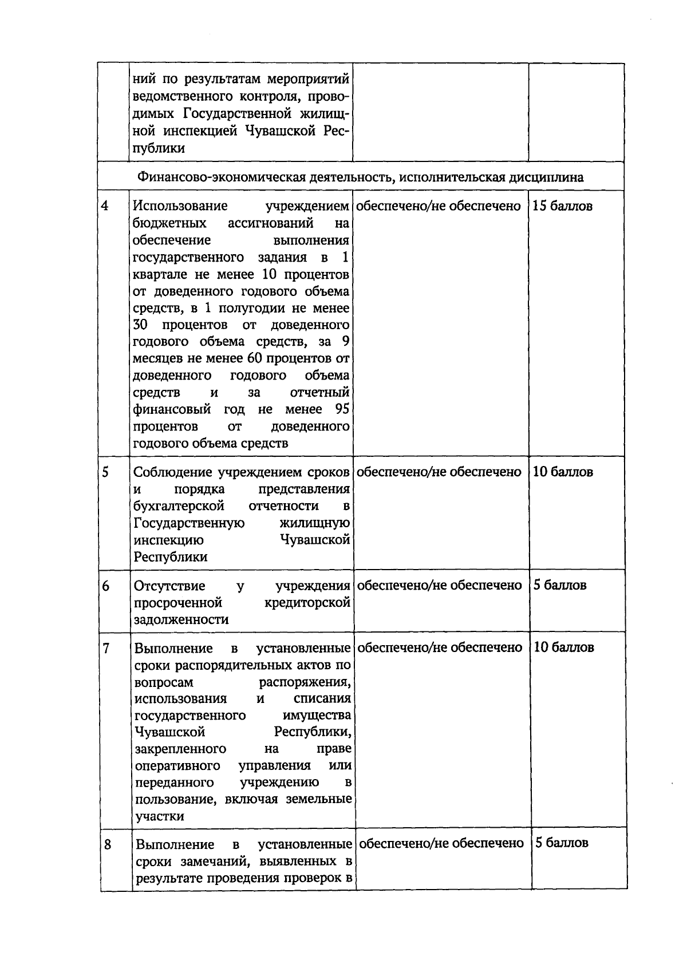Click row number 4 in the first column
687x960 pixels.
105,206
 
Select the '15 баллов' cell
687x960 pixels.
562,206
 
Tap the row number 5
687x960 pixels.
105,472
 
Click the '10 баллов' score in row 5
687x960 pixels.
563,472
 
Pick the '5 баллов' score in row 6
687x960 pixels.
560,585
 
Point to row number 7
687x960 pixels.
106,648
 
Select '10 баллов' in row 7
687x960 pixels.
563,647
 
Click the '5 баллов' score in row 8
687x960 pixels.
561,843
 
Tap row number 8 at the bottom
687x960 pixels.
108,844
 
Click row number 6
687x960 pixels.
106,586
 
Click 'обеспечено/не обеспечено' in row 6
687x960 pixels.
440,585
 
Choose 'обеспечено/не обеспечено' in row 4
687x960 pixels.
439,206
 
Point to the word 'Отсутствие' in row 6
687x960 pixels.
169,586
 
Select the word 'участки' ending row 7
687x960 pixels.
160,816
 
